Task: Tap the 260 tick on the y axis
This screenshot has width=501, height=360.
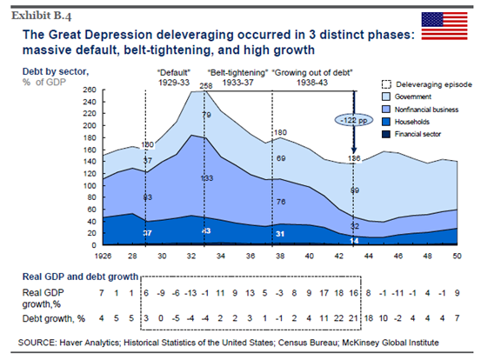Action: click(x=90, y=90)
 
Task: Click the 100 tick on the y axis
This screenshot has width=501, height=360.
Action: click(x=90, y=185)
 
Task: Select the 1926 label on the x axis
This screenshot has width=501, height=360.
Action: click(x=103, y=255)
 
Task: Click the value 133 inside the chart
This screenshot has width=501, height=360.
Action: click(x=206, y=178)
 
